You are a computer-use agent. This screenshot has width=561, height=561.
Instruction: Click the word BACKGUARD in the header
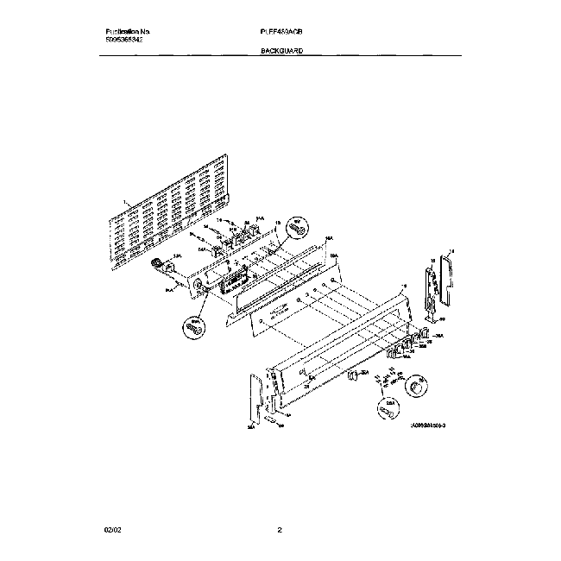click(x=280, y=52)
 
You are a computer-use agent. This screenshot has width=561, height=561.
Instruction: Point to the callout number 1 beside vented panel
click(x=124, y=204)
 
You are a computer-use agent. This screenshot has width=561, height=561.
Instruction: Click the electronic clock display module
click(x=233, y=282)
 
